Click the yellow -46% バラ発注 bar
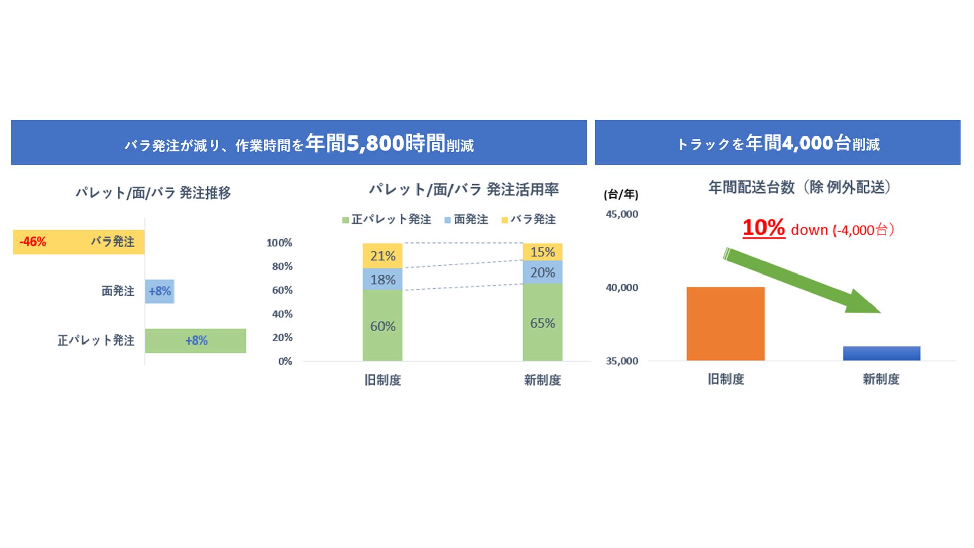tap(79, 242)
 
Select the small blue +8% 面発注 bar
tap(159, 291)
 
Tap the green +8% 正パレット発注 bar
tap(195, 340)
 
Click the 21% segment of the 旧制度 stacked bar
tap(382, 256)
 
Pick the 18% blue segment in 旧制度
tap(382, 280)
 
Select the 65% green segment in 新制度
tap(542, 323)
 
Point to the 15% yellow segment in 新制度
tap(542, 252)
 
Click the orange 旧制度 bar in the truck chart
tap(725, 324)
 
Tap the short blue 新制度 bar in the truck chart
tap(881, 353)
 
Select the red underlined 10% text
tap(763, 228)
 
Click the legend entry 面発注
tap(466, 220)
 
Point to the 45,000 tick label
tap(622, 214)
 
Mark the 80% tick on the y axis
tap(282, 266)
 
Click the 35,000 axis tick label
tap(622, 361)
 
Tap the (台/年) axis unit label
tap(621, 194)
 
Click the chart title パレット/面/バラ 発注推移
tap(153, 193)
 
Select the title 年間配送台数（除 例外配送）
tap(800, 188)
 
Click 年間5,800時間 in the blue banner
tap(375, 144)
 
